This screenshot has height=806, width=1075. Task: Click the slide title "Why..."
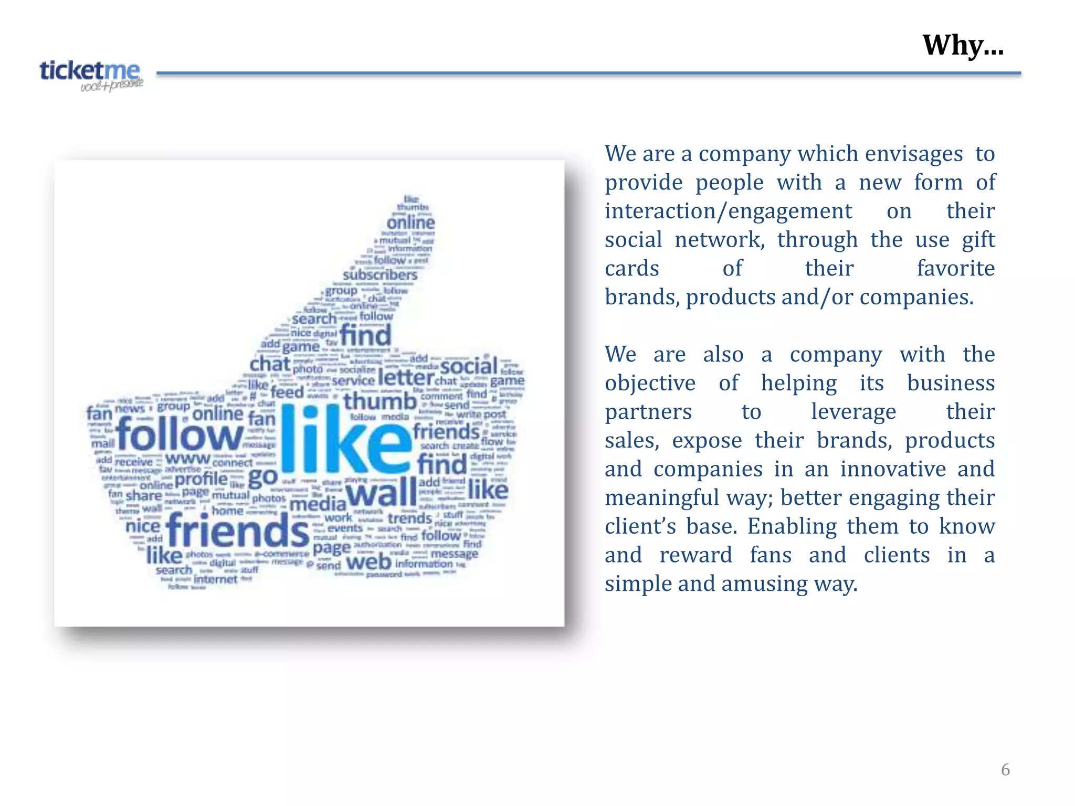(x=963, y=45)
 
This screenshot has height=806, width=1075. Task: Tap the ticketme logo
(x=91, y=75)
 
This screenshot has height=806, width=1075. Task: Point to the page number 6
(x=1005, y=769)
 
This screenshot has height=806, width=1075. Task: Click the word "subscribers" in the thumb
(x=380, y=274)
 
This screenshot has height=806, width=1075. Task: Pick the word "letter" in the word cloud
(x=406, y=377)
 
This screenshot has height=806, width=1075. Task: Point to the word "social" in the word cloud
(x=469, y=366)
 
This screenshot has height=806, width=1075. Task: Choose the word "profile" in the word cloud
(x=201, y=479)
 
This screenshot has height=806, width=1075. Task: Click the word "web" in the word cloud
(x=369, y=562)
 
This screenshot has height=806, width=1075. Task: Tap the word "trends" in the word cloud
(x=409, y=518)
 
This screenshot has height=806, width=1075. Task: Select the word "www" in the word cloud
(x=187, y=459)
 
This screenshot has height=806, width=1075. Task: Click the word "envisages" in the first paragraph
(x=913, y=154)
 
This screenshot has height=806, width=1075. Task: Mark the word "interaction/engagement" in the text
(x=728, y=211)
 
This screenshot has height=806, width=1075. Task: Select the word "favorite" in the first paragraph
(x=955, y=269)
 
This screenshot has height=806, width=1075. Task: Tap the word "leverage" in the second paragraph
(x=853, y=412)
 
